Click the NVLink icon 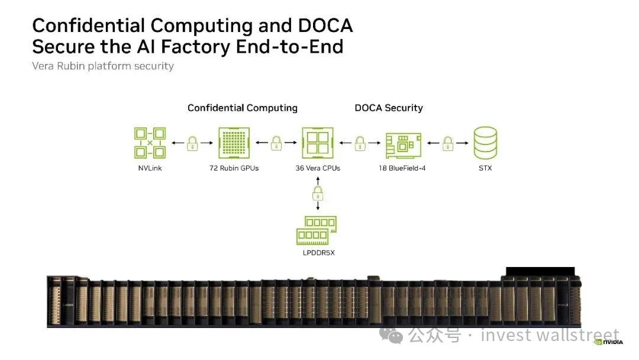(x=150, y=143)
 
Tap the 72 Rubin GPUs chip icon (x=234, y=143)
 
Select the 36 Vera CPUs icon (x=318, y=143)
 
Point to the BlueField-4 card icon (x=404, y=146)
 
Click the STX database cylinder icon (x=485, y=143)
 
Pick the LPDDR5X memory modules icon (x=317, y=230)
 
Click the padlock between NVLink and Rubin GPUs (x=192, y=143)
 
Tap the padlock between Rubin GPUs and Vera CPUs (x=276, y=143)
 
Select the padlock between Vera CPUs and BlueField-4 (x=360, y=143)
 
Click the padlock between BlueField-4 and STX (x=448, y=143)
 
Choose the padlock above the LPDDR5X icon (x=318, y=194)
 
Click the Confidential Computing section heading (x=243, y=108)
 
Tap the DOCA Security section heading (x=389, y=108)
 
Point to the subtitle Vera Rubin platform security (x=103, y=66)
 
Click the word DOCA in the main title (x=325, y=25)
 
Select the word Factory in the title (x=196, y=46)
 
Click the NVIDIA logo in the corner (x=608, y=342)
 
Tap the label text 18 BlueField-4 (x=402, y=168)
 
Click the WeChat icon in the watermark (x=391, y=335)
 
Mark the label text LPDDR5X (x=319, y=253)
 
